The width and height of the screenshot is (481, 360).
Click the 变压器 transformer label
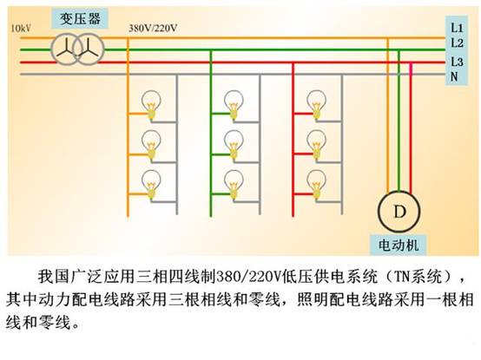point(80,19)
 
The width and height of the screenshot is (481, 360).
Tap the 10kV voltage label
point(21,29)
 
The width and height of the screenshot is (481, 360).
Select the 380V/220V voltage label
point(153,28)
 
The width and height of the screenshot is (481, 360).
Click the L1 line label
point(457,28)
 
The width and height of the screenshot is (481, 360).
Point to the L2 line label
point(457,43)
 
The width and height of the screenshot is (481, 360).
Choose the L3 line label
point(457,62)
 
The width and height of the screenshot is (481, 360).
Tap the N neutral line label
point(454,76)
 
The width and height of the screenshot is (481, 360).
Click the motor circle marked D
point(399,212)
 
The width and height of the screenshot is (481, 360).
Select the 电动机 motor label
point(399,245)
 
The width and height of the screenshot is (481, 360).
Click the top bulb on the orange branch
point(151,104)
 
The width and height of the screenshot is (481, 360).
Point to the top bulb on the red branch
point(317,104)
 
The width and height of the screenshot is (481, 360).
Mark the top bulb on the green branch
point(234,104)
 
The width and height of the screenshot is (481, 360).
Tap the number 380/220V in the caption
point(249,277)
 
